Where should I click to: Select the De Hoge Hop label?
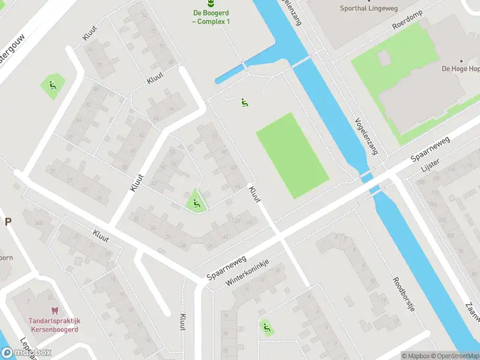coord(460,69)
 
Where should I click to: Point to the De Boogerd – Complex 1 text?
coord(211,17)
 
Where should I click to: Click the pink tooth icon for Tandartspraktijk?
coord(55,311)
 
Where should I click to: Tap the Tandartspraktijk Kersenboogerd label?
coord(55,325)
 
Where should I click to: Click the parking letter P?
coord(8,221)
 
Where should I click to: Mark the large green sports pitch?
coord(292,155)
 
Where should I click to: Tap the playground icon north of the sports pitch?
coord(244,103)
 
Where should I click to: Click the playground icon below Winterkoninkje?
coord(266,328)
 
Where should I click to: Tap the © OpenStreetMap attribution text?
coord(455,356)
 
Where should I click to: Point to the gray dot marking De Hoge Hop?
coord(461,61)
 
